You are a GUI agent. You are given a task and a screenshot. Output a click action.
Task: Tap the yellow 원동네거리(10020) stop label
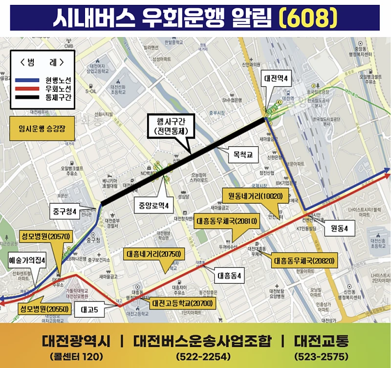coord(252,196)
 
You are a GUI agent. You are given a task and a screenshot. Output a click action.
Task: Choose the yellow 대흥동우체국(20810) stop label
coord(227,221)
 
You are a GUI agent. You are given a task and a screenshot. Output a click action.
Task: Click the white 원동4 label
coord(339,228)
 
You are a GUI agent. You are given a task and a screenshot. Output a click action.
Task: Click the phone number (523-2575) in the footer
coord(321,356)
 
